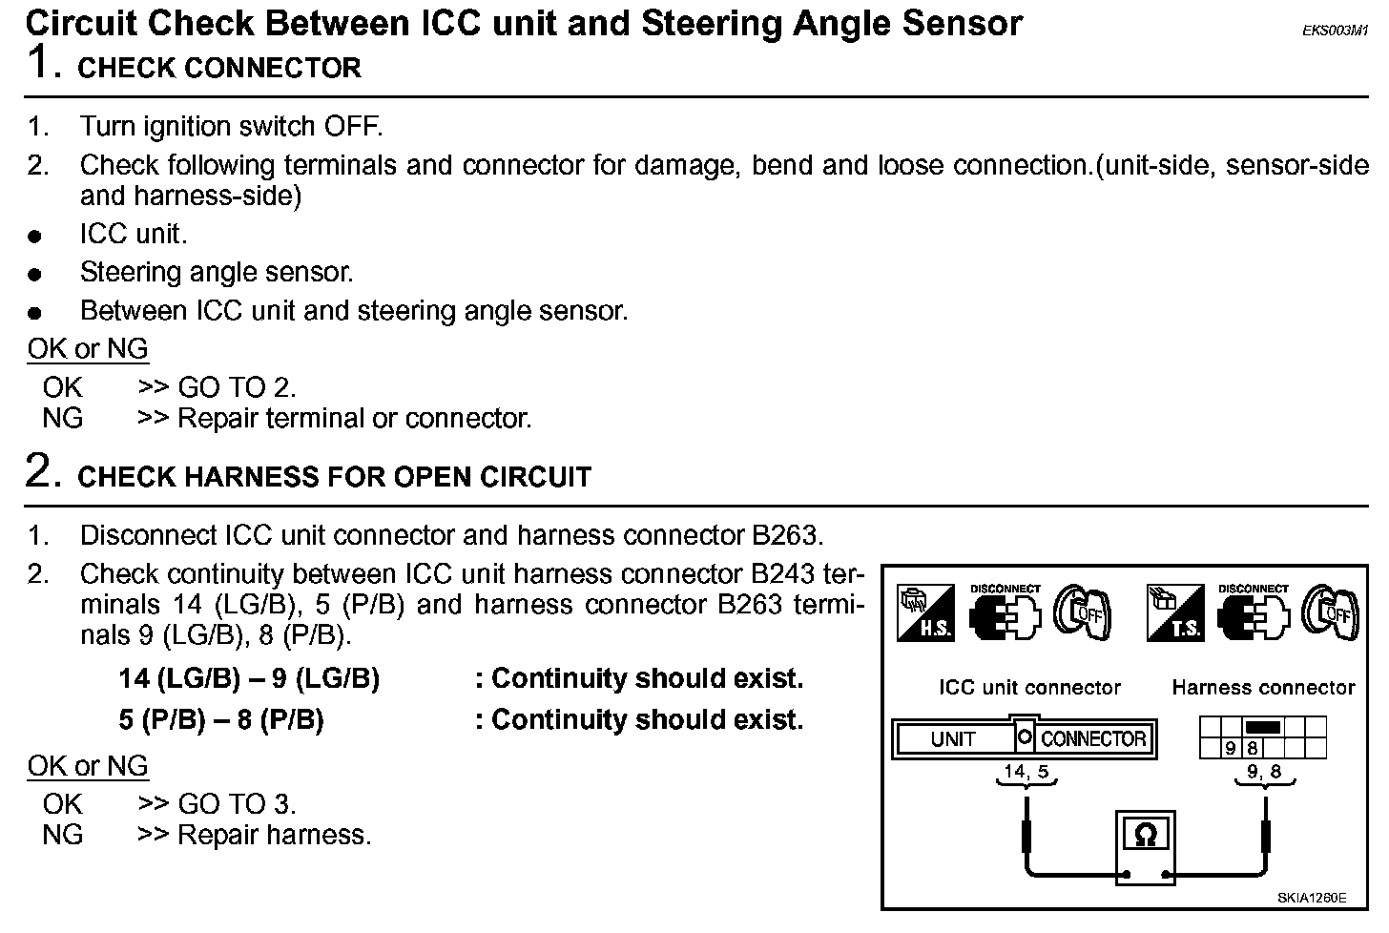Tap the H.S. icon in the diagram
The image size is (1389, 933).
click(924, 612)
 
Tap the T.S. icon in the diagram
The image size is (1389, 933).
click(1174, 612)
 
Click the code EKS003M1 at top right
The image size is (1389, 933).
click(1336, 31)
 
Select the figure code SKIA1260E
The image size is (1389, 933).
click(1312, 898)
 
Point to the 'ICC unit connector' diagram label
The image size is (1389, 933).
click(1029, 687)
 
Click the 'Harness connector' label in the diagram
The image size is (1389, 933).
click(1263, 687)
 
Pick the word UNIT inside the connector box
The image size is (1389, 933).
click(952, 739)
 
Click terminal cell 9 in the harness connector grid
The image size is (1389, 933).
click(1232, 749)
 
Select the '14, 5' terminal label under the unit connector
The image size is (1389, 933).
click(1026, 772)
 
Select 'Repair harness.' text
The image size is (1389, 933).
click(275, 835)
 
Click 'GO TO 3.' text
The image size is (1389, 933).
click(237, 804)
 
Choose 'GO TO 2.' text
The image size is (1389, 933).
click(237, 387)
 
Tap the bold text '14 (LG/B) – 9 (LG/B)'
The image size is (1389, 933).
click(249, 678)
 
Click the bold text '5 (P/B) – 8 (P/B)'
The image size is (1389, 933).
click(221, 719)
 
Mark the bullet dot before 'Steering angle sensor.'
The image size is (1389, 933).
click(35, 275)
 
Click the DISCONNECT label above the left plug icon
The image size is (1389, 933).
click(1005, 589)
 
